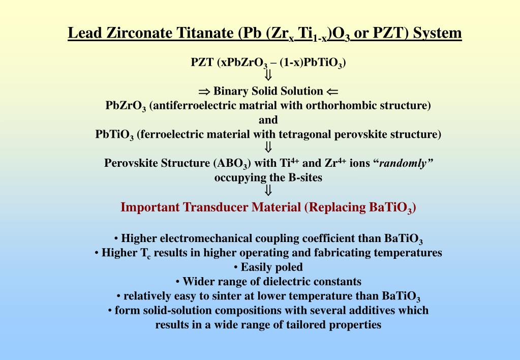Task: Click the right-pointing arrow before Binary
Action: [x=204, y=92]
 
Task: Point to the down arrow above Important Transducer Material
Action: [x=268, y=191]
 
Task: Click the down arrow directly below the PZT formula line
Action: [x=268, y=76]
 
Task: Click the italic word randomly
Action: [x=406, y=163]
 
